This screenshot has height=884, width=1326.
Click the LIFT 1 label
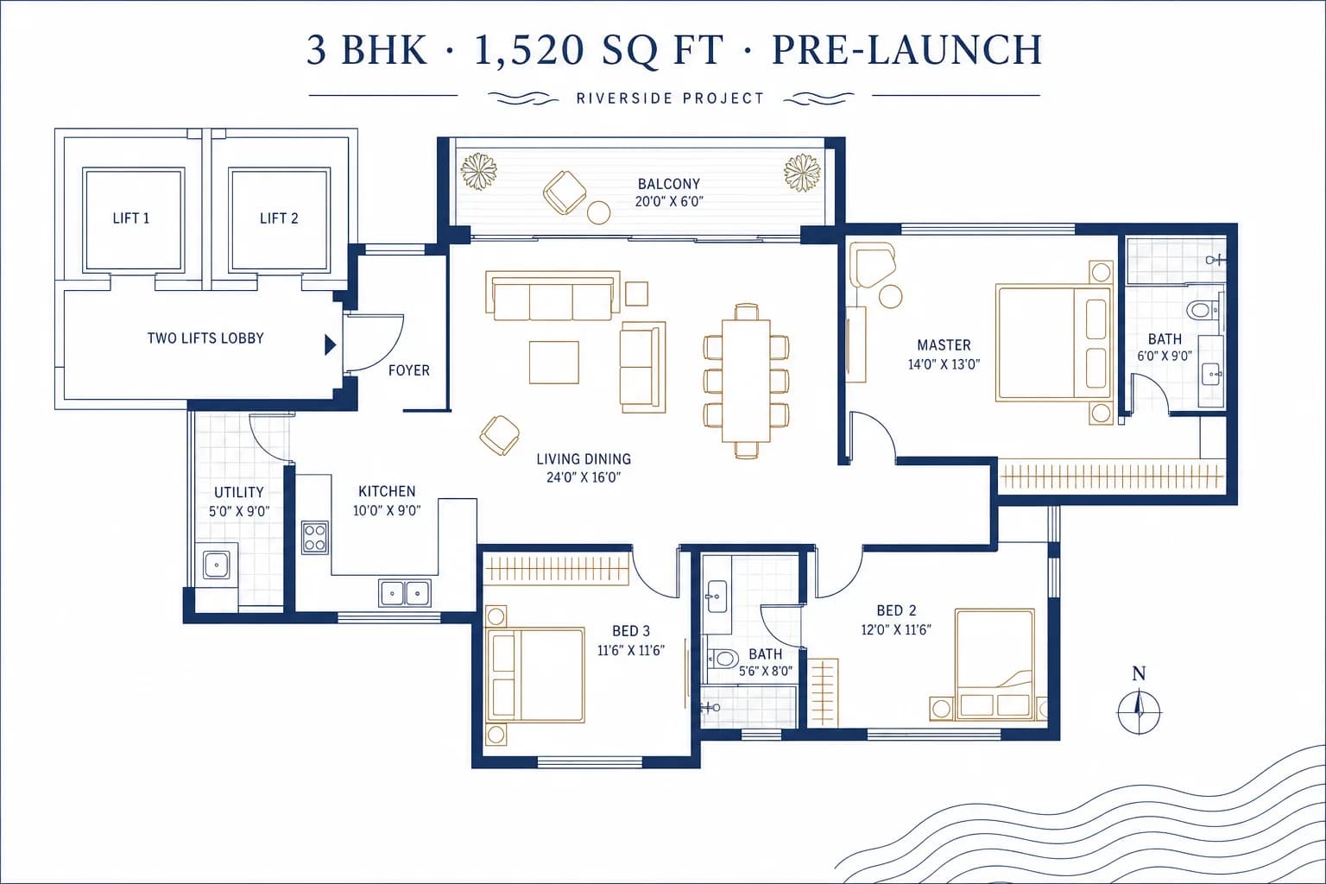(x=131, y=218)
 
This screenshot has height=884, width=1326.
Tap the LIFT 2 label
(x=279, y=218)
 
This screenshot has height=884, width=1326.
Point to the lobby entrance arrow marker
(x=331, y=344)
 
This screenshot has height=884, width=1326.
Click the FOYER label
(x=409, y=370)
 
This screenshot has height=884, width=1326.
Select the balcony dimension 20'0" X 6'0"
(x=669, y=201)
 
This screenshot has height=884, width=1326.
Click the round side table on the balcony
(x=598, y=212)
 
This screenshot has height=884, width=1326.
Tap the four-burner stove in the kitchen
(x=314, y=538)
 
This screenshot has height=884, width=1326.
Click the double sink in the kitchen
(x=405, y=593)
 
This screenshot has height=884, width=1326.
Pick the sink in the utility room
(x=216, y=565)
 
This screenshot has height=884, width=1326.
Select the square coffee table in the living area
(x=554, y=363)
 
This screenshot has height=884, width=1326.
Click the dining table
(x=746, y=381)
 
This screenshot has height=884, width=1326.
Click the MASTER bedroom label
(x=944, y=345)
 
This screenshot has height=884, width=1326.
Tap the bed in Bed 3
(x=535, y=676)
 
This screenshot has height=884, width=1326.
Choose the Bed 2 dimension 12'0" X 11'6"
(x=896, y=629)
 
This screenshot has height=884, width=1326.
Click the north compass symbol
(x=1139, y=711)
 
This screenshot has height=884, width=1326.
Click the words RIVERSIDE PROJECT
(x=670, y=98)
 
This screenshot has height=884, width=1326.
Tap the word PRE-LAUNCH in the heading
(x=907, y=50)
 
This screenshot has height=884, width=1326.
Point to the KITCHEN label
(x=387, y=491)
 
